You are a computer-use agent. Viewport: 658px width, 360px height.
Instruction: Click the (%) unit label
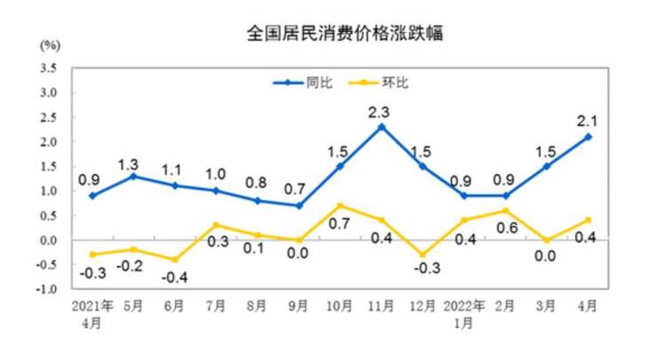coord(49,45)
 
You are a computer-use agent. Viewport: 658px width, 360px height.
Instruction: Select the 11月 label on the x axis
coord(381,307)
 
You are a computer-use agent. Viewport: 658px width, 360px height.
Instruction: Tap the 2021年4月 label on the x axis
coord(92,313)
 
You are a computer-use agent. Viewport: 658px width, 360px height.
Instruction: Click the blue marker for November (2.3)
coord(381,126)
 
